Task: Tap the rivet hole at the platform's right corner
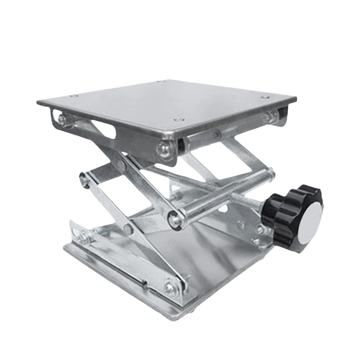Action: (x=265, y=97)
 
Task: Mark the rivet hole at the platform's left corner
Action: (x=74, y=96)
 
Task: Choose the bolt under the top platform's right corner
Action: (x=268, y=116)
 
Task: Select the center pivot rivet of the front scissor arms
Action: (x=127, y=227)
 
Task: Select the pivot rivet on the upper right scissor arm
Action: (x=216, y=135)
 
